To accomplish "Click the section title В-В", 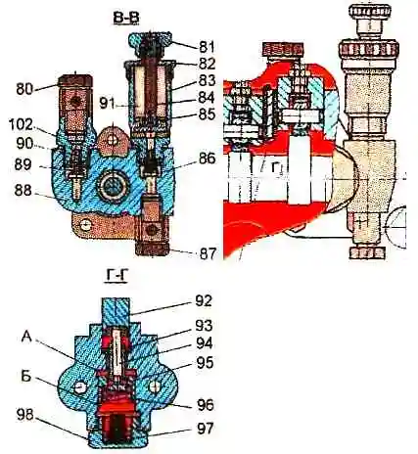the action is pos(126,19).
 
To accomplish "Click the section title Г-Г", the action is pos(116,278).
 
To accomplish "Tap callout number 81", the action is pos(207,47).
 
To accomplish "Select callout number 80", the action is pos(24,89).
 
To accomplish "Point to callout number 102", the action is pos(21,124).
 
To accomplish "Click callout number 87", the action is pos(208,253).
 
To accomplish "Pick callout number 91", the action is pos(107,105).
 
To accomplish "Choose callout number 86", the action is pos(207,159).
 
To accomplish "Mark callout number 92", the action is pos(203,301).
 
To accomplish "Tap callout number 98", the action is pos(24,416).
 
